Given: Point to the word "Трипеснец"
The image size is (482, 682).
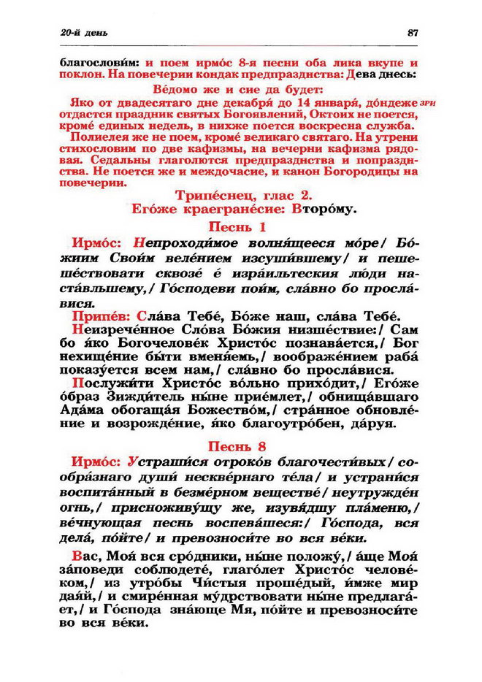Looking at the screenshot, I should tap(210, 195).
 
